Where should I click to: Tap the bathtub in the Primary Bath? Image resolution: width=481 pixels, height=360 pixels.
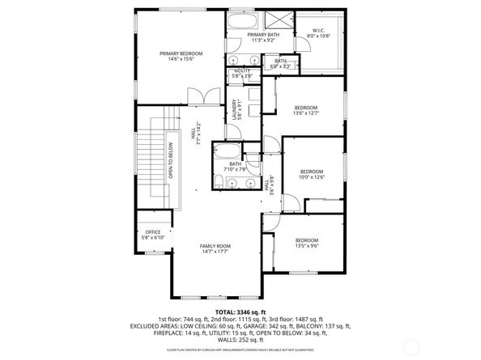pos(240,22)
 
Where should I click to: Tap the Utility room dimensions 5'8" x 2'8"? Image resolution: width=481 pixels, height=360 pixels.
pos(242,76)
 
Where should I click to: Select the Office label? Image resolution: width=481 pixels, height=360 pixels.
pos(152,235)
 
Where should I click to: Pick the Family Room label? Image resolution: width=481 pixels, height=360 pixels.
pos(215,248)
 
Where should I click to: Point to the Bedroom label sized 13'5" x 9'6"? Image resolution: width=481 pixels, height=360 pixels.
pos(306,242)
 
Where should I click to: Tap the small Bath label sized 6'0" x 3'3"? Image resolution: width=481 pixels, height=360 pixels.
pos(280,64)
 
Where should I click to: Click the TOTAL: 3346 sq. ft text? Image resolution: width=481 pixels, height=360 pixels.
pos(240,311)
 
